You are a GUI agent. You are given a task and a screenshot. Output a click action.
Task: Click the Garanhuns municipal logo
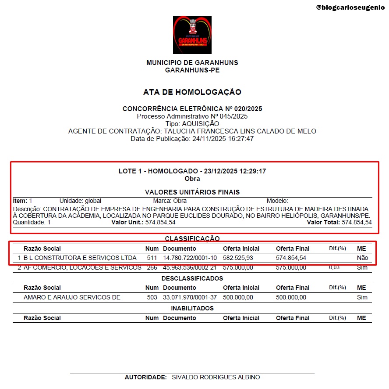coord(192,35)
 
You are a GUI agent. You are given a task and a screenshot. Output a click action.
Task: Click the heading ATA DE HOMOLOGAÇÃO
coord(192,92)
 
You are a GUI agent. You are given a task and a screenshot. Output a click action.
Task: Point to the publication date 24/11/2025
coord(207,139)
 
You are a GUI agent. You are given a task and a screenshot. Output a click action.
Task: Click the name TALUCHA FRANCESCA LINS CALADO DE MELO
coord(240,131)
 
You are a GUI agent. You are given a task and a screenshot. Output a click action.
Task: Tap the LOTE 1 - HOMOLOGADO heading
coord(192,171)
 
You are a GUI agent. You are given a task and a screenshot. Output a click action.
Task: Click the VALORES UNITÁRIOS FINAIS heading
coord(192,192)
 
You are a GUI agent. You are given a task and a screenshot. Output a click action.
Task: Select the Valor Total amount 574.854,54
coord(357,223)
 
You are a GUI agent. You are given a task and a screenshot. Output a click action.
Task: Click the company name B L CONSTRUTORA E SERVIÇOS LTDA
coord(80,258)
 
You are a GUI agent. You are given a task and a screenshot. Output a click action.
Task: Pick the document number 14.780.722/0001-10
coord(190,258)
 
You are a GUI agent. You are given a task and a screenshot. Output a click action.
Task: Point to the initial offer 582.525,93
coord(238,258)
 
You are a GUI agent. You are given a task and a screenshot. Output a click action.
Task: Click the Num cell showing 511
coord(152,258)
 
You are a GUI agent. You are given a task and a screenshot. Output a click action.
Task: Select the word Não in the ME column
coord(362,258)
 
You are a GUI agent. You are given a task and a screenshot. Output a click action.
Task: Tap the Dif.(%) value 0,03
coord(334,267)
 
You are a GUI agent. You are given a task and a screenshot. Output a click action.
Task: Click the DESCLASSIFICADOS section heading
coord(192,278)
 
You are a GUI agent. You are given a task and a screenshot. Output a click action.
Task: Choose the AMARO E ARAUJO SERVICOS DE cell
coord(72,298)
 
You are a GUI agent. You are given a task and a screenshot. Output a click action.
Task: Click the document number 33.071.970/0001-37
coord(190,298)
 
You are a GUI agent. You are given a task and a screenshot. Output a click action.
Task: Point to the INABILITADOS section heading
coord(192,308)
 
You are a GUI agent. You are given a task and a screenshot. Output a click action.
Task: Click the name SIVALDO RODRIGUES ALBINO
coord(216,378)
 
